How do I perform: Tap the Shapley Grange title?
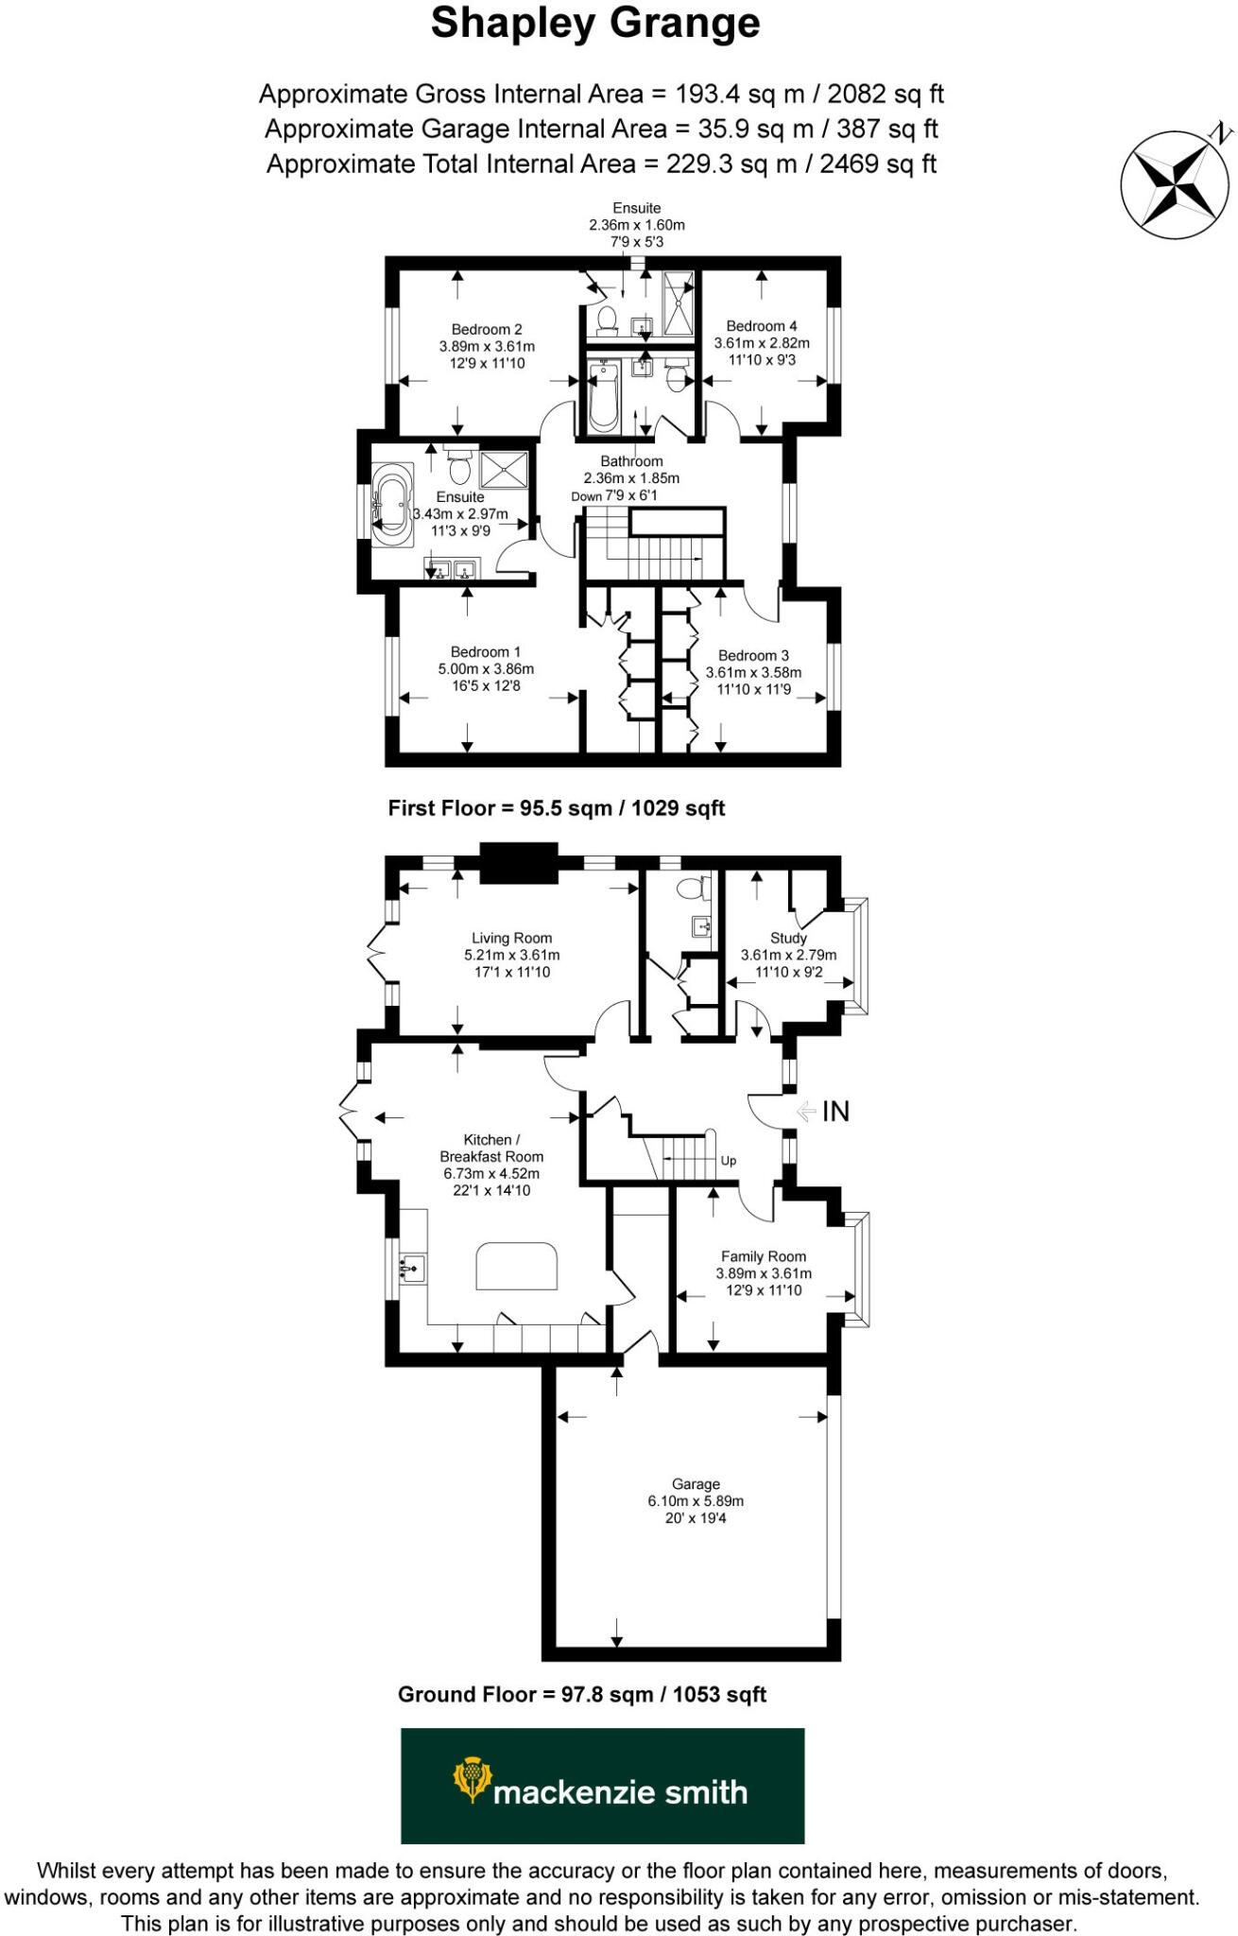(x=595, y=23)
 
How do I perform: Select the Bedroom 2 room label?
(x=487, y=330)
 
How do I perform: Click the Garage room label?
(x=696, y=1484)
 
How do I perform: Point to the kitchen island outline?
(x=516, y=1266)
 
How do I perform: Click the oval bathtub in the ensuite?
(x=390, y=504)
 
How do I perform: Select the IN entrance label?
(x=834, y=1112)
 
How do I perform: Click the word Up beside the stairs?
(x=729, y=1161)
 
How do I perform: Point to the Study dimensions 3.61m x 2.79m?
(x=788, y=955)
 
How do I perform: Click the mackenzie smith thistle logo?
(x=472, y=1779)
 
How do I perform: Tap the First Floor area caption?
(x=556, y=808)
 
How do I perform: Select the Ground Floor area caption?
(x=581, y=1694)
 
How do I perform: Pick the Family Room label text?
(x=763, y=1256)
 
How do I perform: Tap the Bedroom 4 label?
(x=761, y=326)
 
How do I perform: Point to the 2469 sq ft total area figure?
(x=878, y=164)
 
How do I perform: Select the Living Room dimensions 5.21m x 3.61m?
(x=511, y=955)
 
